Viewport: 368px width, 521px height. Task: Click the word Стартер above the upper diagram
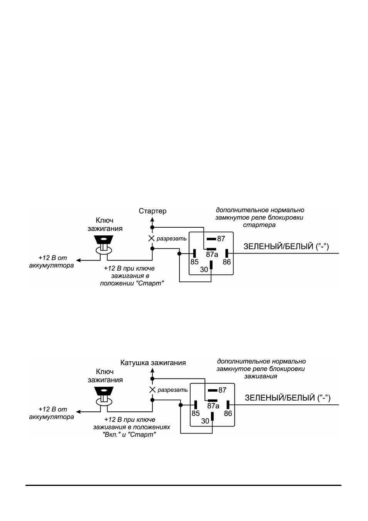152,211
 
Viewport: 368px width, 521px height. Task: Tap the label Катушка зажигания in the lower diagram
153,363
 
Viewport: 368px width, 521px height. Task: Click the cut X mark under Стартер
152,238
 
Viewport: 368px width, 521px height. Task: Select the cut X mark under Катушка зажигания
152,390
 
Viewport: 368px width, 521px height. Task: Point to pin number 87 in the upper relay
221,239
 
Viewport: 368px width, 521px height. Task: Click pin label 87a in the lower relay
213,406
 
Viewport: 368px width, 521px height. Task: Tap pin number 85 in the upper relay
194,262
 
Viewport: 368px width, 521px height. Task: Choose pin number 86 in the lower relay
228,414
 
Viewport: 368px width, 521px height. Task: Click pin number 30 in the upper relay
204,270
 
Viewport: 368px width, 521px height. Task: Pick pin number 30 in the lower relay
205,421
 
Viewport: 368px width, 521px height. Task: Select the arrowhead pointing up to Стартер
152,220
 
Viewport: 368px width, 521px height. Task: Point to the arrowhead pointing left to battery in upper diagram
79,260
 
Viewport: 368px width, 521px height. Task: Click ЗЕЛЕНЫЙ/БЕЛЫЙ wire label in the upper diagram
286,246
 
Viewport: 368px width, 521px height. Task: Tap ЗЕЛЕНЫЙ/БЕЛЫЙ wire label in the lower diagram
287,398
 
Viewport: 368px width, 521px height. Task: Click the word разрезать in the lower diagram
173,390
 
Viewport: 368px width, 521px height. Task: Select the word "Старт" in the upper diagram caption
151,284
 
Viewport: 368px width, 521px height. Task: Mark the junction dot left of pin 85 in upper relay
179,253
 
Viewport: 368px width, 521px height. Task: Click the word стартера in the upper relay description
259,225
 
